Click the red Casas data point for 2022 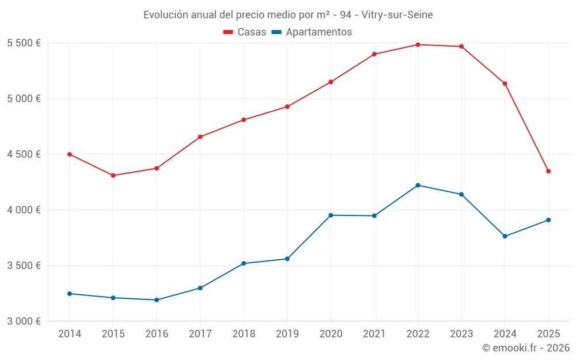pyautogui.click(x=418, y=44)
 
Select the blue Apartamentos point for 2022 pyautogui.click(x=418, y=185)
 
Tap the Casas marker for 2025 pyautogui.click(x=548, y=171)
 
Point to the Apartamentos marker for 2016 pyautogui.click(x=157, y=300)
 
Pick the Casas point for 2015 pyautogui.click(x=113, y=175)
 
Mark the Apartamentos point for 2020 pyautogui.click(x=331, y=215)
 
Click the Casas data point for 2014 pyautogui.click(x=70, y=154)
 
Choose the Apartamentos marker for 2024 pyautogui.click(x=505, y=236)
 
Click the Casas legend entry pyautogui.click(x=245, y=32)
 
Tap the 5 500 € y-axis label pyautogui.click(x=24, y=43)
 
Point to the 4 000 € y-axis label pyautogui.click(x=24, y=210)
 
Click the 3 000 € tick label pyautogui.click(x=24, y=321)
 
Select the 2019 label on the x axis pyautogui.click(x=287, y=334)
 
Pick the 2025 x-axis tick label pyautogui.click(x=548, y=334)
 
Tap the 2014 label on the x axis pyautogui.click(x=70, y=334)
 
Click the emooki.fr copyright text pyautogui.click(x=526, y=348)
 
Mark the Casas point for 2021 pyautogui.click(x=374, y=54)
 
